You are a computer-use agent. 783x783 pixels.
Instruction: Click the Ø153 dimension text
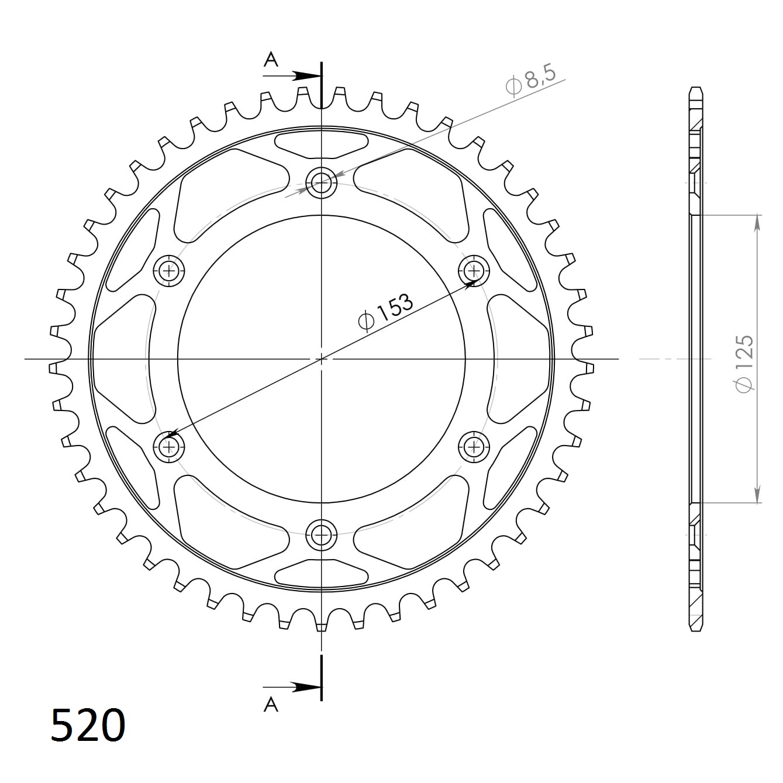[x=385, y=312]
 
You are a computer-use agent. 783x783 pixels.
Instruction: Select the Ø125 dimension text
[x=745, y=364]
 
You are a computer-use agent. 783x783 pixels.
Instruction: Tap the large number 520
[x=88, y=726]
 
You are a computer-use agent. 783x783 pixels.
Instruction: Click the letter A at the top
[x=271, y=59]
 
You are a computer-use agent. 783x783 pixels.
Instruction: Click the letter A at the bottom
[x=271, y=705]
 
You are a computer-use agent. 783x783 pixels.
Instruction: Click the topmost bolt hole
[x=321, y=182]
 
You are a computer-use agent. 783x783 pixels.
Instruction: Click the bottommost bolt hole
[x=321, y=533]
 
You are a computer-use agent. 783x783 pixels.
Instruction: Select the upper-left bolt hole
[x=170, y=271]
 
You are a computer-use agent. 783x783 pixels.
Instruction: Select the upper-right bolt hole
[x=473, y=271]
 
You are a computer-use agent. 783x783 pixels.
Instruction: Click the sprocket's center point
[x=321, y=358]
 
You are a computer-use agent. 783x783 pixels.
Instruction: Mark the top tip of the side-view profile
[x=696, y=88]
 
